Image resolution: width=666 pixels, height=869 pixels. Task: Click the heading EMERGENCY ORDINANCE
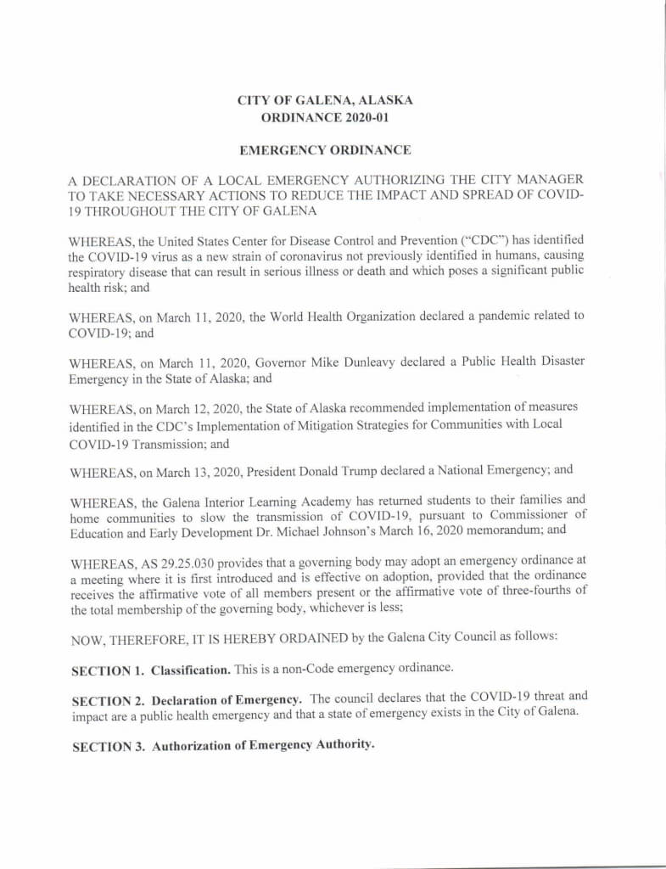[326, 150]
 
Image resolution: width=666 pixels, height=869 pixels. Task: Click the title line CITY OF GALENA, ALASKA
[326, 101]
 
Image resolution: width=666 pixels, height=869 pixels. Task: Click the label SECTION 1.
[107, 670]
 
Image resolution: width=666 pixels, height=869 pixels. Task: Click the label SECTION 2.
[107, 701]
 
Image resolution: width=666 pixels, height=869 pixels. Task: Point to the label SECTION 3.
[107, 746]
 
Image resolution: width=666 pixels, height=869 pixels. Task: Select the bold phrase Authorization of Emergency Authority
[262, 746]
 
